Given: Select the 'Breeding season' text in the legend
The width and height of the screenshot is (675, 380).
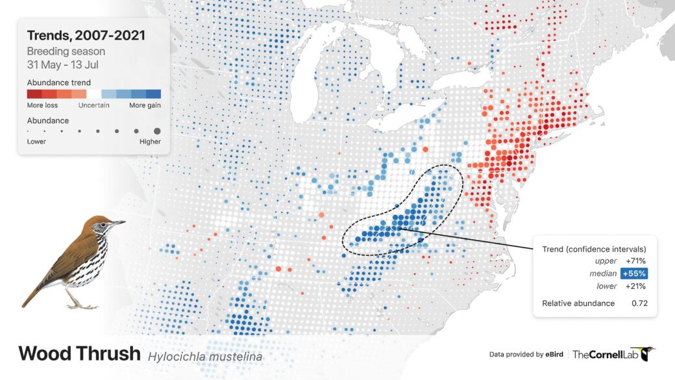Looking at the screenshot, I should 66,51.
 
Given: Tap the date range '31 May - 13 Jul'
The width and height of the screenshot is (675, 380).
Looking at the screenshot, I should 62,64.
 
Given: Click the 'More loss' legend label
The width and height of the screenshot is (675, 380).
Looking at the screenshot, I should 43,105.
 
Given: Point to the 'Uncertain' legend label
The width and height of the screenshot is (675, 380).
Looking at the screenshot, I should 93,105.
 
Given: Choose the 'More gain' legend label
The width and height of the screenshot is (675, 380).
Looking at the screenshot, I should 145,105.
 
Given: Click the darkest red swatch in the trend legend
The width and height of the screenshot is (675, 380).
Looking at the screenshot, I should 34,94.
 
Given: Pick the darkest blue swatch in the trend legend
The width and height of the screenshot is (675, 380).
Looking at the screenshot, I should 153,94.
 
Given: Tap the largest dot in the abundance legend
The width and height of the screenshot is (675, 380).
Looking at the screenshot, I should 156,131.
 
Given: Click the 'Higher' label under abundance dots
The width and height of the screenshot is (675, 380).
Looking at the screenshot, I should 150,142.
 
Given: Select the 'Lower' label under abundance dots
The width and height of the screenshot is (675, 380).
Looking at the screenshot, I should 36,142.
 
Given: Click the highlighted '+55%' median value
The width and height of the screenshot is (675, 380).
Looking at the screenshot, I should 634,273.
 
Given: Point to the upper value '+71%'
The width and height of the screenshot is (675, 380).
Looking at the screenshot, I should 635,260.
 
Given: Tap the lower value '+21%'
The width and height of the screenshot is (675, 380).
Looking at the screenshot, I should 635,286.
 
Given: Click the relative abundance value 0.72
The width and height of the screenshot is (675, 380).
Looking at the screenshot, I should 639,303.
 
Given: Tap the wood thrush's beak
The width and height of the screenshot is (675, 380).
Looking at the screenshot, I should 118,223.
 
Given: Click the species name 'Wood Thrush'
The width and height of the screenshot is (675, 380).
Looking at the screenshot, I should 79,353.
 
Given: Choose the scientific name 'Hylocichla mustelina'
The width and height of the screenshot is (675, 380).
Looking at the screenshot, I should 204,355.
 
